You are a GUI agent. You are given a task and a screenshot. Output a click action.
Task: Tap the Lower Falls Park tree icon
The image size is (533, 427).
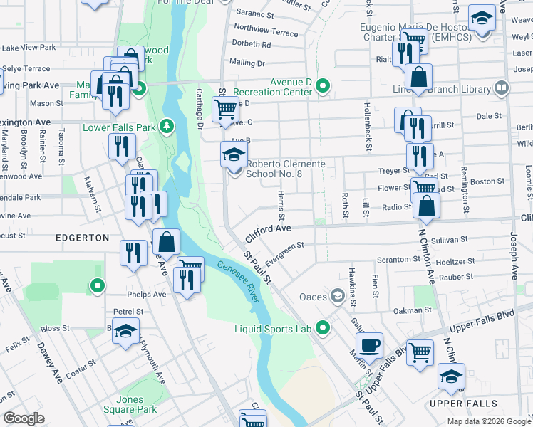167,127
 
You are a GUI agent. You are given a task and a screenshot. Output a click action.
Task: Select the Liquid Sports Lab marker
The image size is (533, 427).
323,328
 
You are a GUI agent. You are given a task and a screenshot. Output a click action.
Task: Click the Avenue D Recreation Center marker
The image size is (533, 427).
323,87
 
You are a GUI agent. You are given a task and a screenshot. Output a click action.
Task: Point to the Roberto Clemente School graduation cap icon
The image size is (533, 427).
234,154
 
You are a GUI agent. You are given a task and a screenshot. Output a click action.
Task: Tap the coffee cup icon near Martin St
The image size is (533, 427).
369,346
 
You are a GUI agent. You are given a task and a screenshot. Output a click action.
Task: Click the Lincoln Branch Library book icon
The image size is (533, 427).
502,89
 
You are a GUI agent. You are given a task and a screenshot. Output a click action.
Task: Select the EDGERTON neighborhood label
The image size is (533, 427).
81,238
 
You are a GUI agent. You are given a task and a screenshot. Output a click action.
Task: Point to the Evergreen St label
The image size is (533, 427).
284,250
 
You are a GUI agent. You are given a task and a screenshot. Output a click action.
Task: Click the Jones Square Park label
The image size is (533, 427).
136,404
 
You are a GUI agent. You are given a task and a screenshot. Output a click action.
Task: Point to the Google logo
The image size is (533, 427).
24,418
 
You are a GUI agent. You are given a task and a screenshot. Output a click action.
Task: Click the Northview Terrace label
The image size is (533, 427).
266,32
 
